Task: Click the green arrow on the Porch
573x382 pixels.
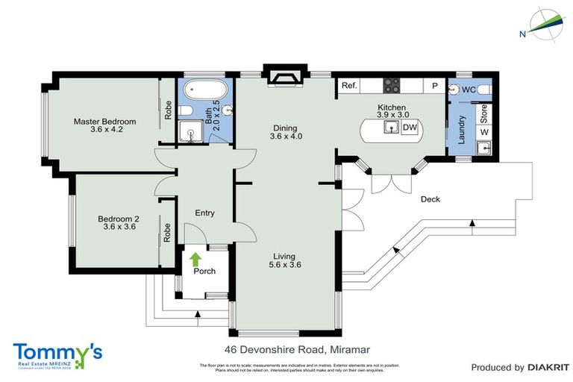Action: (x=196, y=260)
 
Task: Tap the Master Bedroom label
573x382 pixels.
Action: (x=104, y=122)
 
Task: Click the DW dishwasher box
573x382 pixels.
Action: (x=409, y=128)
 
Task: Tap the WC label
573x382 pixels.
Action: (x=469, y=90)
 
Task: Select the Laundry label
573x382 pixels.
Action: (x=463, y=128)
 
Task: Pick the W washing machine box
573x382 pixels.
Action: (x=484, y=132)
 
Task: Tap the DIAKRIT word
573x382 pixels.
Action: (x=548, y=367)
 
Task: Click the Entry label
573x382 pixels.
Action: (x=204, y=213)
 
